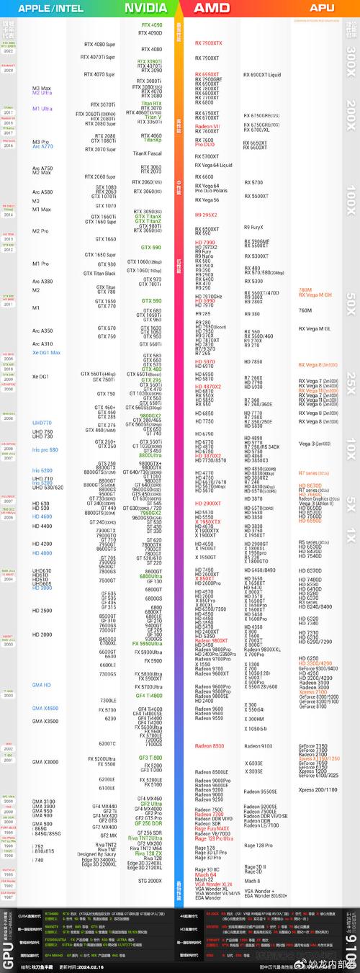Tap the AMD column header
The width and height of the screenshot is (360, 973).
[212, 8]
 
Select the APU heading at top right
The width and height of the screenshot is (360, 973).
[322, 8]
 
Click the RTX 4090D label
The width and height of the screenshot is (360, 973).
[150, 33]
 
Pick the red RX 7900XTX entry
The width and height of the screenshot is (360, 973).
[209, 43]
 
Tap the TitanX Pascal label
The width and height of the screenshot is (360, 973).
[148, 153]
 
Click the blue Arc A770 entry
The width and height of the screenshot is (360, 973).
[42, 147]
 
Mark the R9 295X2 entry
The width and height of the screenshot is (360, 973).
[206, 215]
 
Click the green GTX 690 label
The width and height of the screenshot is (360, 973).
[151, 248]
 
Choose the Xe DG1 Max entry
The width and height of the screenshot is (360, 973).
[46, 353]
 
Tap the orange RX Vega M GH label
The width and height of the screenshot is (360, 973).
[315, 295]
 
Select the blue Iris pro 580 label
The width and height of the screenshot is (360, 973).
[45, 449]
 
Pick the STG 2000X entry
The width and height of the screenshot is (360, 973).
[150, 881]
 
